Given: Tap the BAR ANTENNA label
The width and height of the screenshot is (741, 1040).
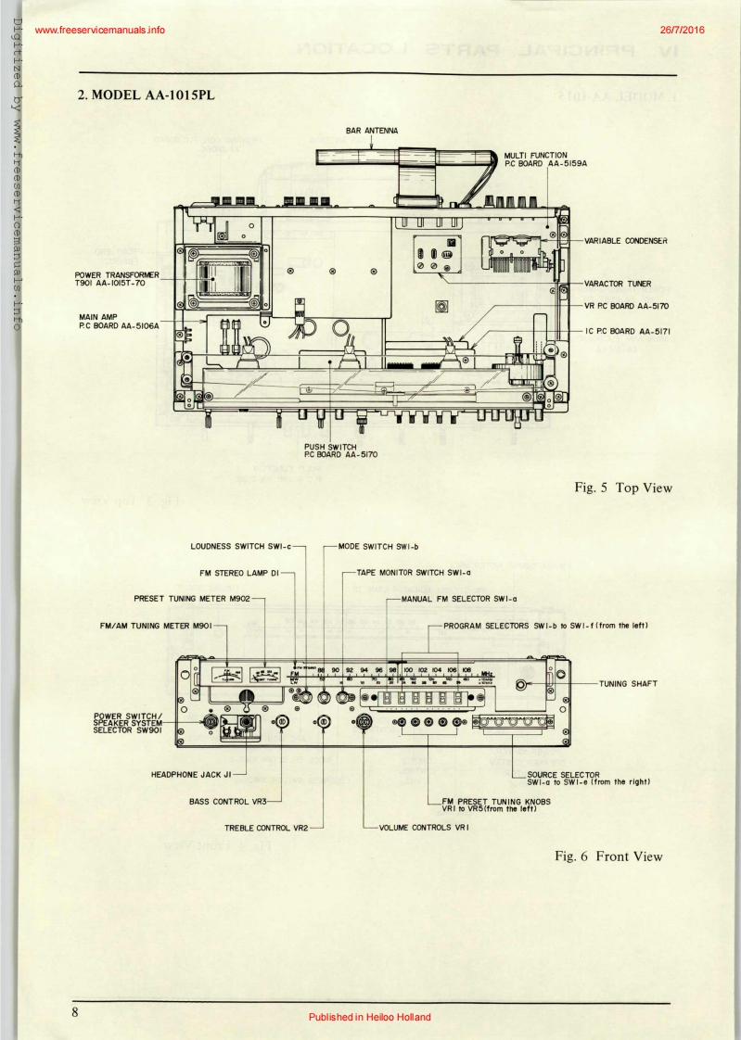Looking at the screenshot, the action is point(372,132).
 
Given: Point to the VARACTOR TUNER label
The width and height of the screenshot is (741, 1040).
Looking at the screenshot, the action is point(617,283).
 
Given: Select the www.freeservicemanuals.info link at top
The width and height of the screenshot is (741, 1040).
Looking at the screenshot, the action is point(98,30).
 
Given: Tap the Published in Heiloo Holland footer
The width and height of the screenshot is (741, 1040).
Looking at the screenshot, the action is point(370,1017).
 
